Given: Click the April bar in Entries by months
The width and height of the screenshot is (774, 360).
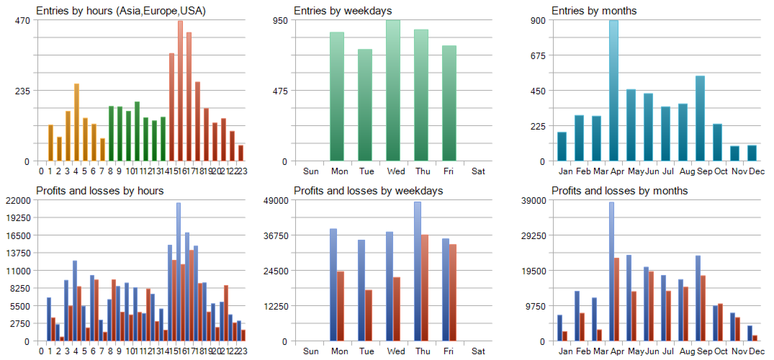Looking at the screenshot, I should (x=613, y=91).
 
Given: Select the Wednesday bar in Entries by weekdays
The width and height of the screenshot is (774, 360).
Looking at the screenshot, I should (x=393, y=91).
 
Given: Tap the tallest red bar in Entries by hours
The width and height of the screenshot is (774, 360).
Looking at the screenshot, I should (x=180, y=91).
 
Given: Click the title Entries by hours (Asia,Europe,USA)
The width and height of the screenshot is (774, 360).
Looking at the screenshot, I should (x=121, y=11).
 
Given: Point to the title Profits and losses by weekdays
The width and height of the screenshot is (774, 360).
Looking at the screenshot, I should (x=368, y=191).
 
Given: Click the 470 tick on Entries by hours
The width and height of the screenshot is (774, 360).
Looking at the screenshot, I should (x=22, y=20).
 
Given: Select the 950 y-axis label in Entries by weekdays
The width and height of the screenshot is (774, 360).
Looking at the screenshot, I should (x=279, y=20).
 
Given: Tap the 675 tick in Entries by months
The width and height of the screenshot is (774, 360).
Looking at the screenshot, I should (x=537, y=55).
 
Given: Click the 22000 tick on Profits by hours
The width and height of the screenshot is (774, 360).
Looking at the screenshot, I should (x=17, y=200).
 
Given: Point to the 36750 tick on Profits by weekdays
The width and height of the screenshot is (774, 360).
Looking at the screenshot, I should (x=274, y=235).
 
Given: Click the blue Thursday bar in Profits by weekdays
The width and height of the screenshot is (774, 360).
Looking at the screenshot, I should (x=418, y=271).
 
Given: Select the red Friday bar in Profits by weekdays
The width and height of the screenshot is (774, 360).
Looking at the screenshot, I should (x=453, y=292).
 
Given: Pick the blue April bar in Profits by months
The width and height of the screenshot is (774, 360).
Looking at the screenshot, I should (x=611, y=271).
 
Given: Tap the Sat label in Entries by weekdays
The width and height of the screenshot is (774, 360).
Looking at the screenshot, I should (x=478, y=171).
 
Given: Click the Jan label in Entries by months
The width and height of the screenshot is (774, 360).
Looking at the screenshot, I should (x=565, y=171).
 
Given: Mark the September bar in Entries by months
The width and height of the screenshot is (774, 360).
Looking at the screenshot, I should (x=700, y=119).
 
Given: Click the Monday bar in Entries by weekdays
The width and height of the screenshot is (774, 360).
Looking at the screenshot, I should (x=337, y=96).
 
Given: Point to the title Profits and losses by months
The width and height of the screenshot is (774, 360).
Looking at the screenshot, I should (x=619, y=191).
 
